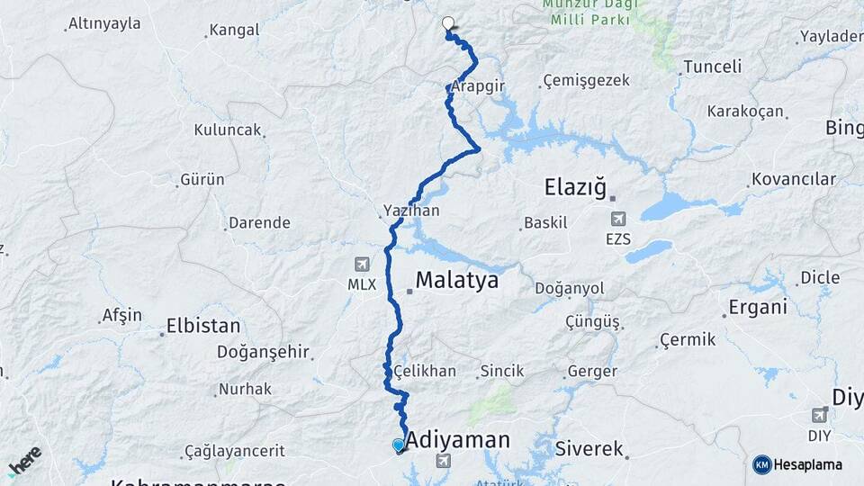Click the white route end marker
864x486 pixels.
coord(447,23)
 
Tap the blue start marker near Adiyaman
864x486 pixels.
coord(399,445)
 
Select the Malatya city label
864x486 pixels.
coord(457,281)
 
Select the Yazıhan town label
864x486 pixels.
coord(410,211)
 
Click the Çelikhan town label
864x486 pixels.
coord(424,371)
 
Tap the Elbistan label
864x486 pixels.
coord(203,326)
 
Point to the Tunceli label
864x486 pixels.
coord(712,67)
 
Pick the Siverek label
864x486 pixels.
coord(589,447)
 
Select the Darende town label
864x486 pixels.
coord(259,222)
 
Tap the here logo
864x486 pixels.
coord(24,461)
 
